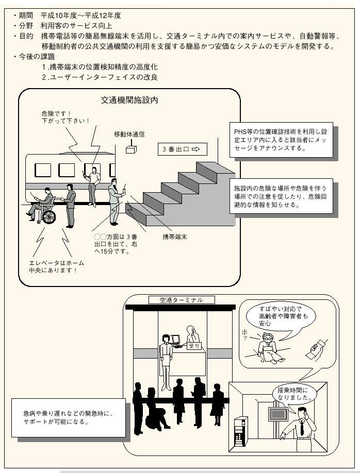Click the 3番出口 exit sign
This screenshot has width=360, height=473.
(182, 149)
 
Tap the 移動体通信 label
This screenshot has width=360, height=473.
(129, 134)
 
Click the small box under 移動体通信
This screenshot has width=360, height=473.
(131, 149)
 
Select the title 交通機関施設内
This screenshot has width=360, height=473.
(129, 100)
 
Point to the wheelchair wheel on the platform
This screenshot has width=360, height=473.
(48, 216)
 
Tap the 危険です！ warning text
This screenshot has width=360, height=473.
(56, 113)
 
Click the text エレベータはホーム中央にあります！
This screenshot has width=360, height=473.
(57, 266)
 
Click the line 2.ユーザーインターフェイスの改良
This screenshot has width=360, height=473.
(100, 77)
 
